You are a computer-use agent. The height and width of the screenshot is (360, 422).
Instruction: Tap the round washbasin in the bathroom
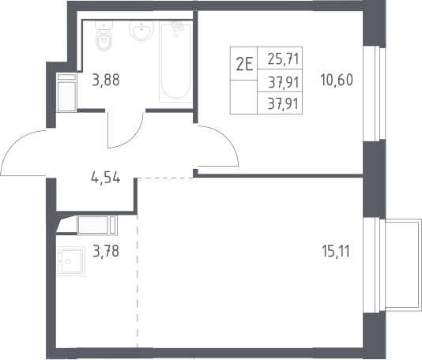pos(141,30)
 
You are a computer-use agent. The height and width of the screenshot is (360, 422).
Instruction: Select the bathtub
pos(176,62)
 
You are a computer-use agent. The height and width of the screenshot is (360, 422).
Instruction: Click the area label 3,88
pos(106,80)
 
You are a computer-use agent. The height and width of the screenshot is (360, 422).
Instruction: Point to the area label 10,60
pos(337,80)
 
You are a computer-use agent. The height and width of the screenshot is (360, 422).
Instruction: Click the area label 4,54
pos(106,178)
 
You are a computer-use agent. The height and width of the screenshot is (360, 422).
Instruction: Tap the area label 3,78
pos(106,251)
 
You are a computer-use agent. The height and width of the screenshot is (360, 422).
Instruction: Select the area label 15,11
pos(336,251)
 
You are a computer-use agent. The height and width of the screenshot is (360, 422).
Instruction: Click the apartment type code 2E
pos(245,65)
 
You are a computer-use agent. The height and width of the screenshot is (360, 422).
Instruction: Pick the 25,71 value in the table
pos(284,59)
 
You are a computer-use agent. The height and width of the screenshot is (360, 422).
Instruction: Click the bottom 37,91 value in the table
pos(284,103)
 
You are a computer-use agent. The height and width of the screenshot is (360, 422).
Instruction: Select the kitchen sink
pos(71,261)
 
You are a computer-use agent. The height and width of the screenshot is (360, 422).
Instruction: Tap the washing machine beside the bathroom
pos(66,92)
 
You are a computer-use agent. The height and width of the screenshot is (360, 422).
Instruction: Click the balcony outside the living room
pos(403,265)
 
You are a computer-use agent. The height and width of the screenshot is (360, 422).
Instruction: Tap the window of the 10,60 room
pos(375,93)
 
